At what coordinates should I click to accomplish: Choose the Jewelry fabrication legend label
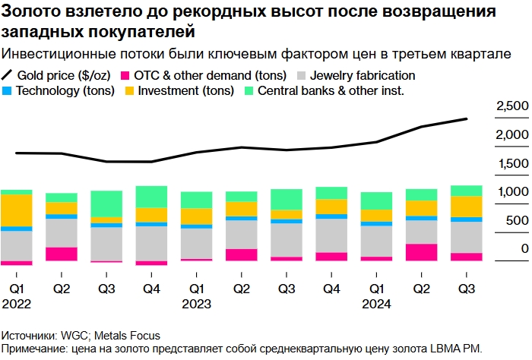(363, 76)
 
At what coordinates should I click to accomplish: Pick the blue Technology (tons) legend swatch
(8, 91)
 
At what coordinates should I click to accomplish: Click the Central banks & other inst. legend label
(331, 91)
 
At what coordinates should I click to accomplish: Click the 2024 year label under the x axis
(376, 304)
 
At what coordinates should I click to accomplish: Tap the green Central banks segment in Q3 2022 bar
(106, 204)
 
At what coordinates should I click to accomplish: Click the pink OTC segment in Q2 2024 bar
(421, 252)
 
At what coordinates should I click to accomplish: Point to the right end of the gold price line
(467, 119)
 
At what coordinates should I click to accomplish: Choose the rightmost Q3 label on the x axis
(466, 289)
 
